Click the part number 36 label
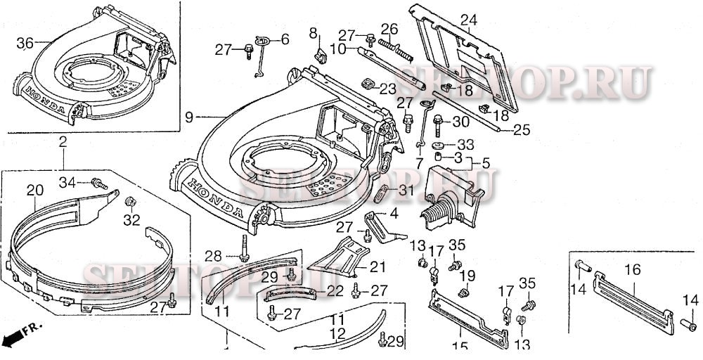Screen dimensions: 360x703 25,44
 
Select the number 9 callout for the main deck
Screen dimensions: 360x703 187,117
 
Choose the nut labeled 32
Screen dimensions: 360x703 129,202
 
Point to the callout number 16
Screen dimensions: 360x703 632,269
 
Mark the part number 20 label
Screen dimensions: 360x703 34,190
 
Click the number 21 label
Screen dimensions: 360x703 378,267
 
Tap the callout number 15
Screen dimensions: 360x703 460,346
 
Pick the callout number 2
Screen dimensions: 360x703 63,143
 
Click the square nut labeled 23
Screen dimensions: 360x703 367,84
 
